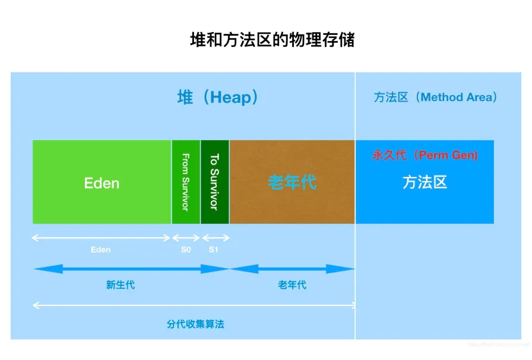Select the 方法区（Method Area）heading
tap(435, 97)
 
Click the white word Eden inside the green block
tap(102, 183)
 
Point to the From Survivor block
tap(186, 182)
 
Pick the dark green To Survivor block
tap(214, 182)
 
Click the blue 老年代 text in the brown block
tap(292, 182)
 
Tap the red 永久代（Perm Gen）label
tap(425, 155)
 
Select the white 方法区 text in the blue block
tap(425, 182)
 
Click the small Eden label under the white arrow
tap(100, 250)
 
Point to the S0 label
tap(186, 250)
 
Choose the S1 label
tap(214, 250)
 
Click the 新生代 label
tap(121, 285)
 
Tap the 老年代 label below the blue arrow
tap(292, 285)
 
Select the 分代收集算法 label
tap(195, 324)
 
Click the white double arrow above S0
tap(186, 238)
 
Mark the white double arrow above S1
tap(215, 238)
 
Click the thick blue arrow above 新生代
tap(131, 269)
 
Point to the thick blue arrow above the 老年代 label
tap(292, 269)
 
